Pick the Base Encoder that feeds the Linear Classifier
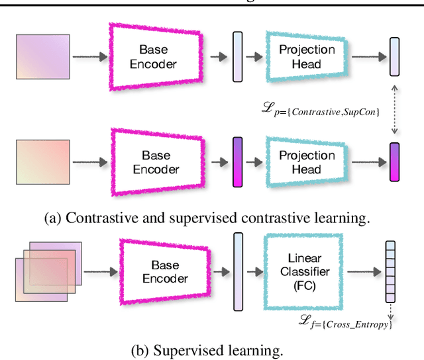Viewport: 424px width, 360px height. click(x=165, y=271)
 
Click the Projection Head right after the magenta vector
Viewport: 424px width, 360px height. click(x=307, y=162)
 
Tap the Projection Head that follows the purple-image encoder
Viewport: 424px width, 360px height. click(x=307, y=57)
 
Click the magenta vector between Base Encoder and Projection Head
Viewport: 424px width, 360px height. click(x=238, y=162)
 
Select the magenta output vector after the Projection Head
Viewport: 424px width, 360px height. click(x=395, y=162)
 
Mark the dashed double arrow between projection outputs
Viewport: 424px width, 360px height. click(x=395, y=112)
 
